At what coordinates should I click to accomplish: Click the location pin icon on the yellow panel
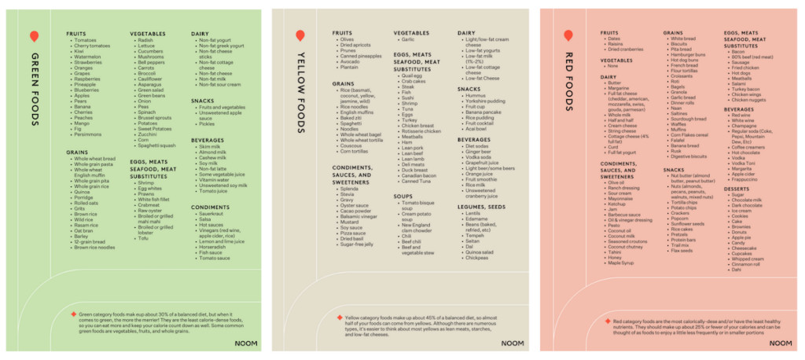300,35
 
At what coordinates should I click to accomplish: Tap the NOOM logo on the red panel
780,343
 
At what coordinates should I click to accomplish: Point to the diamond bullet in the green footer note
73,314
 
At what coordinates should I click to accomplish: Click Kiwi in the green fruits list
79,51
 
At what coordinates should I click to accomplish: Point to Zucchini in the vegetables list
147,134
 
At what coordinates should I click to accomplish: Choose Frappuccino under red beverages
744,179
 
